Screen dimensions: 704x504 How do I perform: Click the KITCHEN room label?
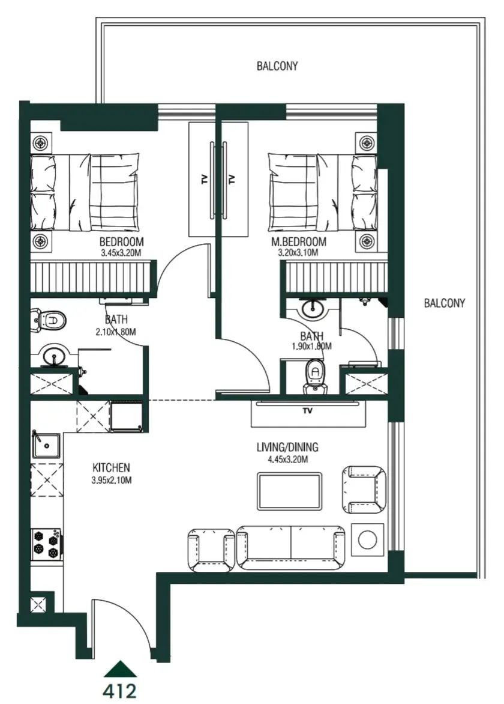[111, 467]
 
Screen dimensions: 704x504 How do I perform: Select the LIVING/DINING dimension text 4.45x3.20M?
[287, 460]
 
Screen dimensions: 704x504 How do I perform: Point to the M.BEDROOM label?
[298, 242]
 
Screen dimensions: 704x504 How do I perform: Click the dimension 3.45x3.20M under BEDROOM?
[122, 253]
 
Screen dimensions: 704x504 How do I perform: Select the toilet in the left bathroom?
[48, 320]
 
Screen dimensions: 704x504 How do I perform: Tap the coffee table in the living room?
[289, 491]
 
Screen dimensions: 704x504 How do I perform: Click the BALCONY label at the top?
[277, 66]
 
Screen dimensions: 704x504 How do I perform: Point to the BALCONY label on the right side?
[445, 303]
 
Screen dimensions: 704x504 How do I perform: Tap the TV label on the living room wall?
[308, 411]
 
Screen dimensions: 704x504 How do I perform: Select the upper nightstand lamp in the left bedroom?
[41, 143]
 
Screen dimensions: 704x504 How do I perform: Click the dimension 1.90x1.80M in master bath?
[311, 347]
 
